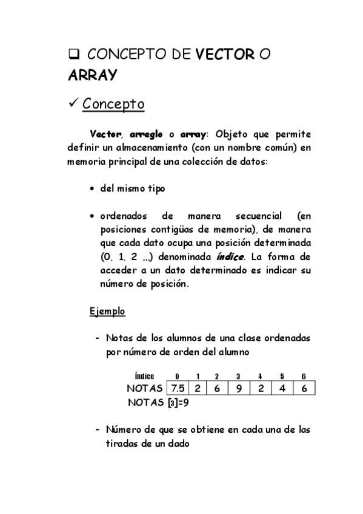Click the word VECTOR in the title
(224, 56)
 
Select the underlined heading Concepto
(113, 104)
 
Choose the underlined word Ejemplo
(107, 312)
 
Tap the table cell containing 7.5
(178, 389)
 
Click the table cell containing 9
(239, 389)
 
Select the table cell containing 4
(282, 389)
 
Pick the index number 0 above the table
(177, 376)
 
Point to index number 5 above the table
(282, 376)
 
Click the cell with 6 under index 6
(304, 389)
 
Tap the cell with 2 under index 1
(198, 389)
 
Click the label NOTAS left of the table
(145, 389)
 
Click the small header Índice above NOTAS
(144, 376)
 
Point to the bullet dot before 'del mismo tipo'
(92, 189)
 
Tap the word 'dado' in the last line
(178, 443)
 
